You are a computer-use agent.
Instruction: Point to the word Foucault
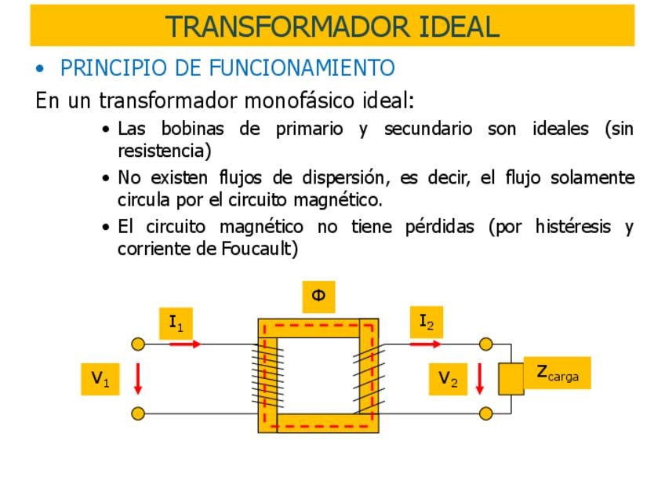[x=258, y=249]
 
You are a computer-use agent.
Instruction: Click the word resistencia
[x=164, y=150]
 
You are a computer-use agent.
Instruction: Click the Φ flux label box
[x=318, y=297]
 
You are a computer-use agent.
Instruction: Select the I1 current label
[x=176, y=322]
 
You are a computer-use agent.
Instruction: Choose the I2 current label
[x=426, y=322]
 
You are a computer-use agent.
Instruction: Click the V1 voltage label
[x=100, y=379]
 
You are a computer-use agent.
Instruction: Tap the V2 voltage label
[x=448, y=379]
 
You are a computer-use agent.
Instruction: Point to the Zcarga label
[x=558, y=373]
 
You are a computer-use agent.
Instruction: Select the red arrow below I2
[x=425, y=343]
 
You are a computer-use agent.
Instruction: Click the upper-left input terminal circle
[x=138, y=344]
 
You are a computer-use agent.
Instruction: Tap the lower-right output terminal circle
[x=486, y=413]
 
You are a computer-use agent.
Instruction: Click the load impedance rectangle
[x=511, y=379]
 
